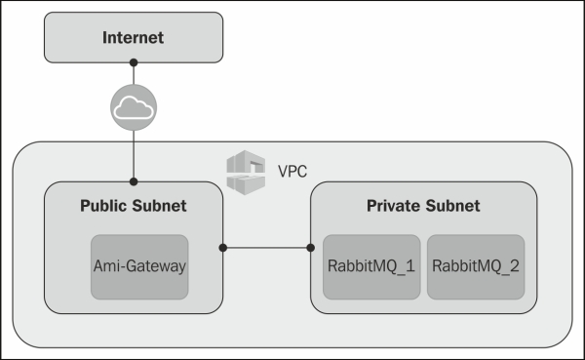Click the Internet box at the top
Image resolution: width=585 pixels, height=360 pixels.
pos(134,38)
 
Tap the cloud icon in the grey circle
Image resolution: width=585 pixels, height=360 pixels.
pos(134,110)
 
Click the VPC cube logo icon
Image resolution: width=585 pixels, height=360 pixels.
pos(245,172)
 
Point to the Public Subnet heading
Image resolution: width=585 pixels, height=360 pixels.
pos(134,206)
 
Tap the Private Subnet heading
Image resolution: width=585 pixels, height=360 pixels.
pos(423,206)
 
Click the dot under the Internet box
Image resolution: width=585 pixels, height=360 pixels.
pos(134,63)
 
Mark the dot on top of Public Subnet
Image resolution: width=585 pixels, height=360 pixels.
pos(134,181)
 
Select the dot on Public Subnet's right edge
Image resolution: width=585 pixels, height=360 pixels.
pos(223,248)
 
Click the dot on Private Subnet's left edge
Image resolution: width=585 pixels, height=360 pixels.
pos(311,248)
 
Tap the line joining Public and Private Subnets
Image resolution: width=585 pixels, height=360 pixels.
pos(267,248)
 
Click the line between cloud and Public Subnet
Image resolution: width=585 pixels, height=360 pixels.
pos(134,156)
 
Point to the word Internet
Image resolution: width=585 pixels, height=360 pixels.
pos(134,38)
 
